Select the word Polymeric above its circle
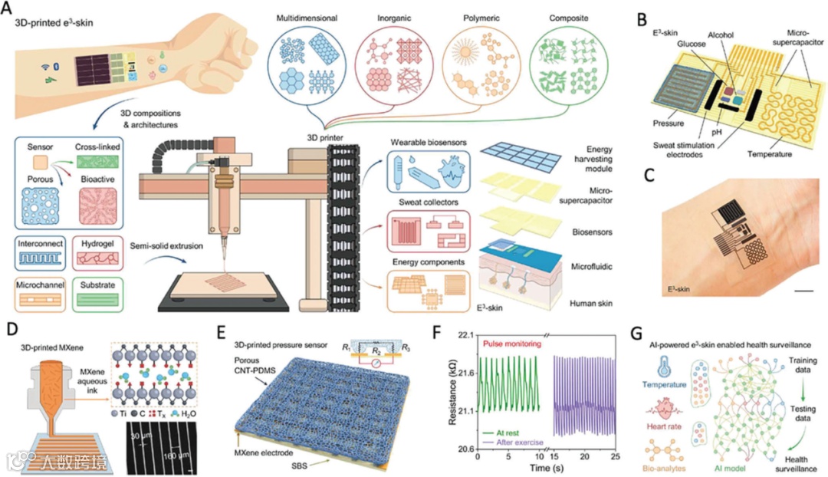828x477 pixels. click(x=477, y=17)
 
